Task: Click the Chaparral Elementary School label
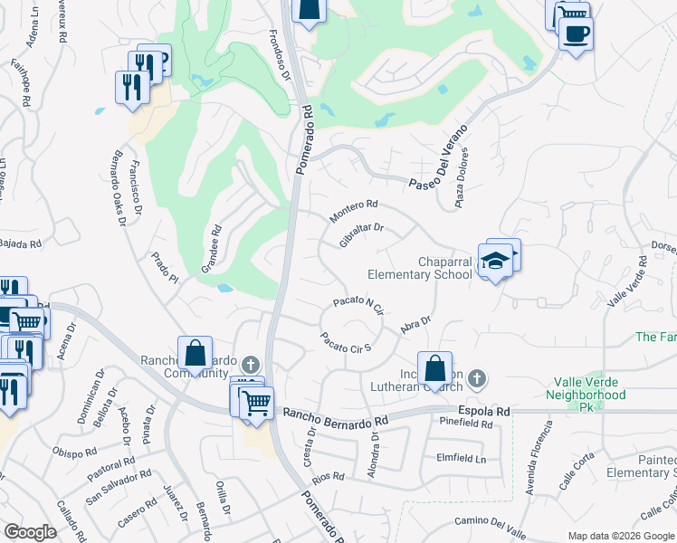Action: [419, 268]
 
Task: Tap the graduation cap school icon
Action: [495, 262]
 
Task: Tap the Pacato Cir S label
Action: [347, 342]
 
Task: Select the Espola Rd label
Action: [484, 411]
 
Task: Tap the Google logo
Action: [30, 532]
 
